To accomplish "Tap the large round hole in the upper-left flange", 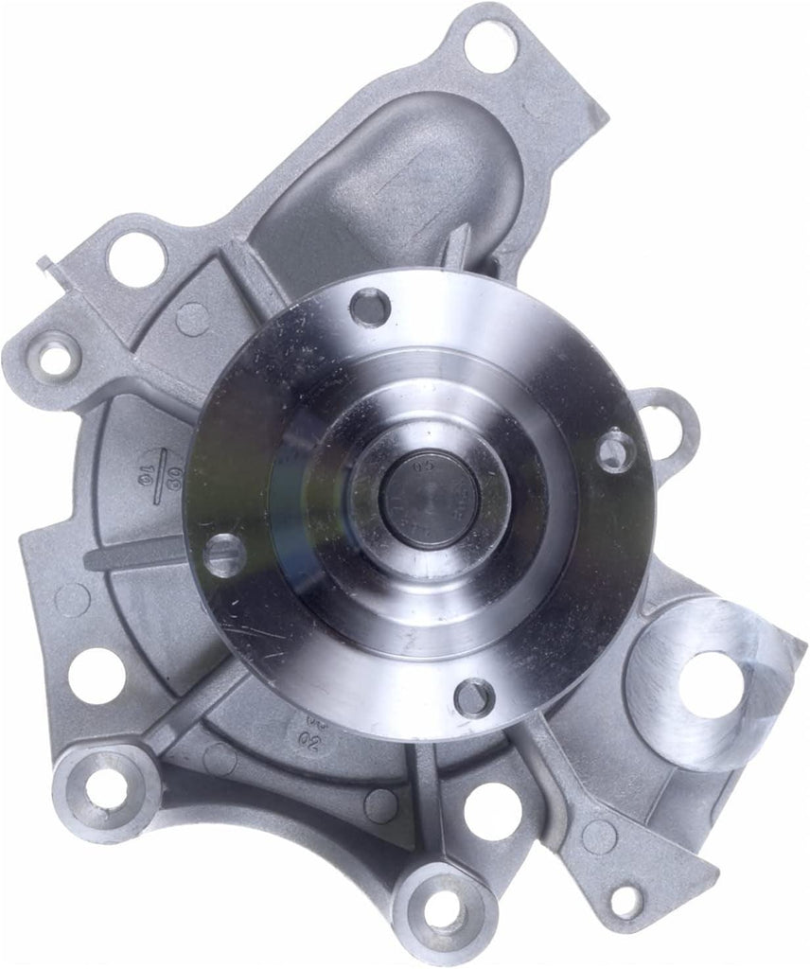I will [136, 258].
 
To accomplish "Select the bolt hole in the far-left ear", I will [55, 357].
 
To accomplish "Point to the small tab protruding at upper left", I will [45, 264].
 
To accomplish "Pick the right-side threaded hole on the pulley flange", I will [614, 449].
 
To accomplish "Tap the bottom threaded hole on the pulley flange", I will [473, 697].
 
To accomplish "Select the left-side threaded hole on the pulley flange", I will [224, 555].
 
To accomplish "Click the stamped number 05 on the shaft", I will [421, 467].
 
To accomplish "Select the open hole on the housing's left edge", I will [96, 675].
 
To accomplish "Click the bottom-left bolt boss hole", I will [106, 787].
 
